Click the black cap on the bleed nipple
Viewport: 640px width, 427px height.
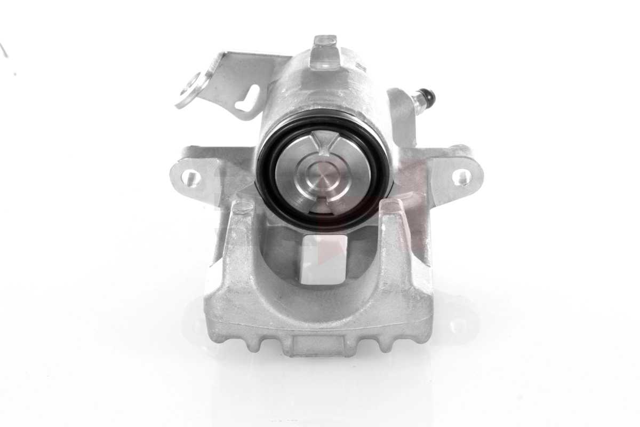(428, 96)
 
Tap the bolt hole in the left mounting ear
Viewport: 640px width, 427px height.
(190, 177)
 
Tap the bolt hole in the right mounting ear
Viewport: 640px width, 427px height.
(462, 177)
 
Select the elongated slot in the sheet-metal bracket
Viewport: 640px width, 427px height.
(249, 99)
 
